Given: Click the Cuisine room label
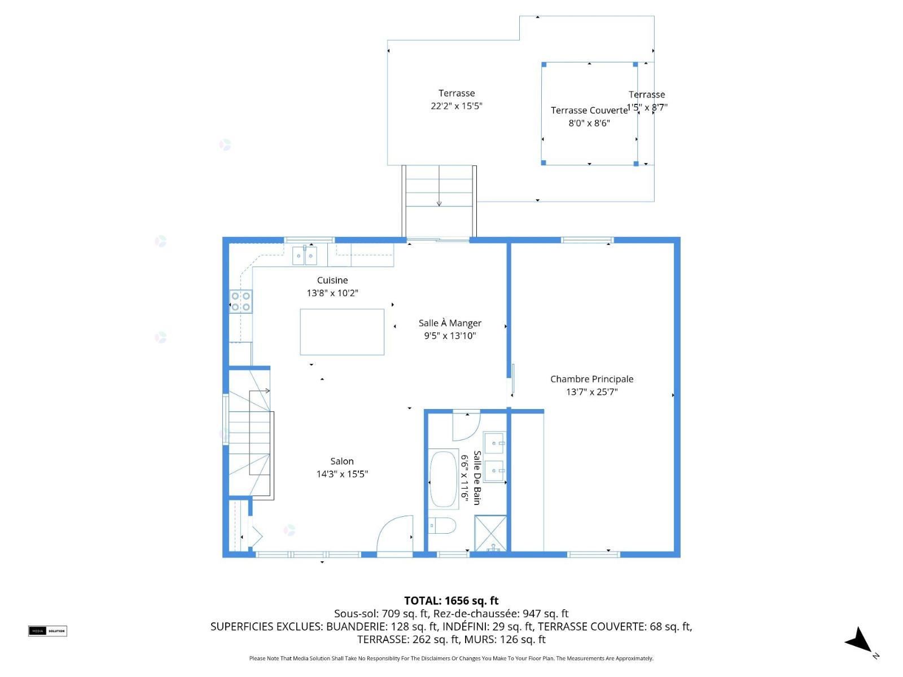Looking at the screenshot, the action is pos(332,280).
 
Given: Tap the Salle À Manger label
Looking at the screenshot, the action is pos(450,323).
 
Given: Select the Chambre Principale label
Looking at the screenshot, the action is pos(591,379).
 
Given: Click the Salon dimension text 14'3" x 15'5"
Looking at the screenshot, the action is pos(342,474).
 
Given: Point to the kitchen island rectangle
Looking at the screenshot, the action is pos(342,332).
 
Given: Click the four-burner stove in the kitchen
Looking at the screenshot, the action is pos(240,301).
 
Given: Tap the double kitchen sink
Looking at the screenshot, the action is pos(304,255).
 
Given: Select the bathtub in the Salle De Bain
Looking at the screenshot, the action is pos(443,480).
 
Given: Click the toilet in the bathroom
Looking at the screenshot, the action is pos(442,525).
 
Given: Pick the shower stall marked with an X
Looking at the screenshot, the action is pos(490,533).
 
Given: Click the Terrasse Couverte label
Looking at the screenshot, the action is pos(589,111).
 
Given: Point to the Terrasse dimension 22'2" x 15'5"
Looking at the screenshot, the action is pos(456,106).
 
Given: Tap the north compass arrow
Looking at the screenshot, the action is pos(860,640).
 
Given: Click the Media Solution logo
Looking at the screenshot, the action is pos(47,631).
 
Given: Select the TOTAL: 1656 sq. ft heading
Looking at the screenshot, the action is pos(451,601).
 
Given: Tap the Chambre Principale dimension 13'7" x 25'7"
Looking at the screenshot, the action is pos(591,392).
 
